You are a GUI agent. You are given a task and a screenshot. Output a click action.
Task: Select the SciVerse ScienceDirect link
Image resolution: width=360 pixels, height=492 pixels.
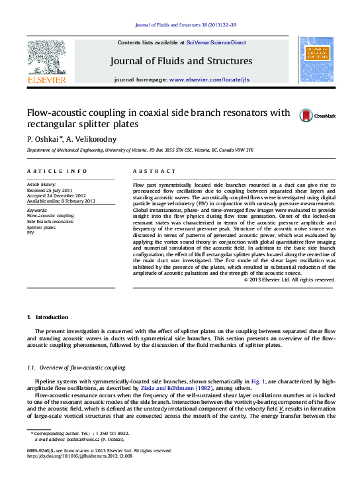(216, 42)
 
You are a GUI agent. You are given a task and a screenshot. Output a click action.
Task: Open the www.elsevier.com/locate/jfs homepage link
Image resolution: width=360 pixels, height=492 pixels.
(209, 79)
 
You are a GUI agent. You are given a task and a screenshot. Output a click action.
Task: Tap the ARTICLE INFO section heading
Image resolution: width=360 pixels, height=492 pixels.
(57, 171)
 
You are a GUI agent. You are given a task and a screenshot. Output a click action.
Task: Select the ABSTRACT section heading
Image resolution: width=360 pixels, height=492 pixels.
(150, 171)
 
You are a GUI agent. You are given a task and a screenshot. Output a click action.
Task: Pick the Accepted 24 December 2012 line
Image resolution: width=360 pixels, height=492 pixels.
(56, 195)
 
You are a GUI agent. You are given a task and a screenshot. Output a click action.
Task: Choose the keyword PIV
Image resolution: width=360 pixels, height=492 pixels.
(30, 233)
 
